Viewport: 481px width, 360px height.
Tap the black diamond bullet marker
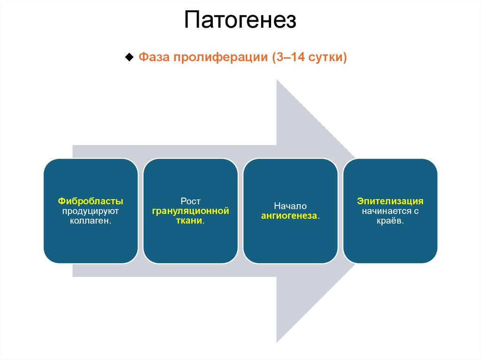coord(129,57)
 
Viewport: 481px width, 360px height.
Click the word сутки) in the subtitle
coord(328,58)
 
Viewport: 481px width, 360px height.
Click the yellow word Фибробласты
coord(91,201)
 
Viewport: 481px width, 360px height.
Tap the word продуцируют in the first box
coord(91,211)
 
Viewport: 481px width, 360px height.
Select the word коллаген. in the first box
coord(91,221)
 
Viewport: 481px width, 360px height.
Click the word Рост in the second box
coord(190,201)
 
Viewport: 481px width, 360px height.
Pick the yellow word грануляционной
coord(190,211)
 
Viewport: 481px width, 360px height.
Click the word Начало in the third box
coord(290,206)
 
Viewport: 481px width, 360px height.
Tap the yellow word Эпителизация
coord(390,201)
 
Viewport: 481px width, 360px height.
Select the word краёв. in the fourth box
coord(390,221)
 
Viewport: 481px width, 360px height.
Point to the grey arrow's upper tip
coord(278,81)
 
